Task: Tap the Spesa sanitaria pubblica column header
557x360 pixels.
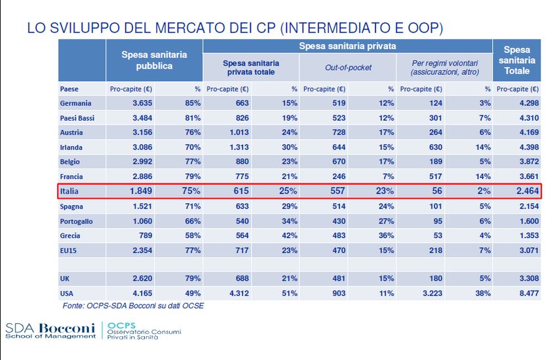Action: (x=154, y=60)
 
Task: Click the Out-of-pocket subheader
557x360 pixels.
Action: (x=347, y=68)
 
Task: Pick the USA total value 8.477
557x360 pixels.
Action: (x=524, y=294)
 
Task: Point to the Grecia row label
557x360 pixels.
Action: (x=71, y=235)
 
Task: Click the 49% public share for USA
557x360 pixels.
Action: (x=191, y=294)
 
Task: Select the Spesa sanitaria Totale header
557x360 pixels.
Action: (x=517, y=60)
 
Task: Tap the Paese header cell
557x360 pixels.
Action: (x=69, y=89)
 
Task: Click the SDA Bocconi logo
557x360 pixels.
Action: (x=50, y=329)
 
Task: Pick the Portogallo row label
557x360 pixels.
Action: (x=76, y=221)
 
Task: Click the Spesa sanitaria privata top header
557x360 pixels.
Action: (x=347, y=47)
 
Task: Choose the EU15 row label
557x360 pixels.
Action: (x=68, y=250)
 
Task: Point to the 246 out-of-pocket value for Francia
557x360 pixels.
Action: (x=338, y=176)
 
